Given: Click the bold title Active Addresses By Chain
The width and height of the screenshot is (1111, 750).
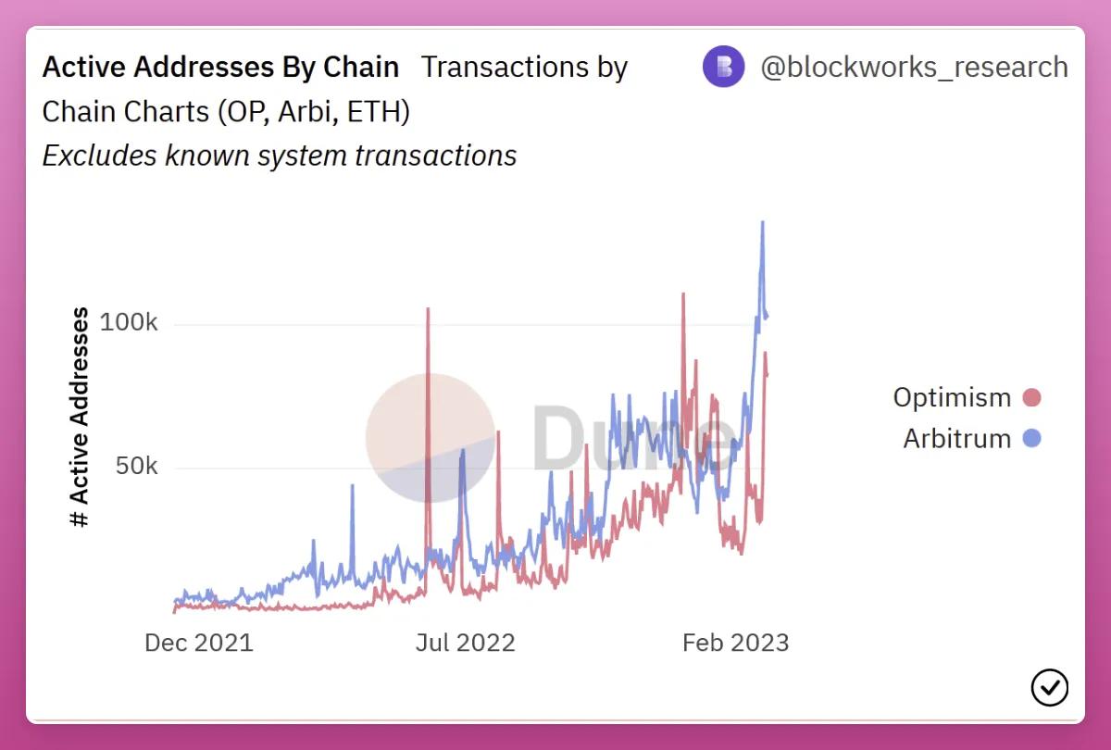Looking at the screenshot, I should pos(220,68).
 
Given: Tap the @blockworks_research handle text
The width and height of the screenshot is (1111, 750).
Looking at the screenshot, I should pos(914,68).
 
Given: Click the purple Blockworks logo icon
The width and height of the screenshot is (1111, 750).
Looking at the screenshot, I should pos(723,67).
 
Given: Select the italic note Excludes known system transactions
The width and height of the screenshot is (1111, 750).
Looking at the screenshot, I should pos(279,155).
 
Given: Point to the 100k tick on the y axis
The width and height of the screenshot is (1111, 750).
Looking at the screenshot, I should pos(128,323).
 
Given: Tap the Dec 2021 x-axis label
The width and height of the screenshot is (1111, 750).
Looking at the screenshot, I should pos(198,643).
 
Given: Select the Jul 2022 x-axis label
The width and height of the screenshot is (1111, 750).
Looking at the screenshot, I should pos(465,643).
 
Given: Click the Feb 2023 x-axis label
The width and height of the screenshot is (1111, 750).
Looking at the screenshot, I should pos(735,643).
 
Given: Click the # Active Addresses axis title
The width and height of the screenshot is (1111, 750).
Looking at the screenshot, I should pos(81,419).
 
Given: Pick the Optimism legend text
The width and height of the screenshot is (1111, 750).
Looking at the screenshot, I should pos(952,397).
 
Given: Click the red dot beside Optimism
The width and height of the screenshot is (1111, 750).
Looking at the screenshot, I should pos(1031,398).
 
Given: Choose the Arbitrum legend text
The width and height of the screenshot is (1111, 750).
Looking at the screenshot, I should pos(956,438).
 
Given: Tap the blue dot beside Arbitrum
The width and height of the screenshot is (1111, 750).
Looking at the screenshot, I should pos(1031,438).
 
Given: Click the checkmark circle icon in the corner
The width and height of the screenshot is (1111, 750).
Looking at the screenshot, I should pos(1049,687).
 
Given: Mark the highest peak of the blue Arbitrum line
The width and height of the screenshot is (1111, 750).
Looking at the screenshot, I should pos(762,223).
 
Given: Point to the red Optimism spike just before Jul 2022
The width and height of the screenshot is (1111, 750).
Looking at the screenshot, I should pos(428,310).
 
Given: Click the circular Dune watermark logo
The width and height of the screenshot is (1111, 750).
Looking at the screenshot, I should pos(431,439).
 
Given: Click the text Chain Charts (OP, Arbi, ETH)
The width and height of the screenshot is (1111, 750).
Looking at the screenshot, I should pos(226,111).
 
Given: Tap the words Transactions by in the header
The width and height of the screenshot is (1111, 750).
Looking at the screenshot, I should pos(525,68).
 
